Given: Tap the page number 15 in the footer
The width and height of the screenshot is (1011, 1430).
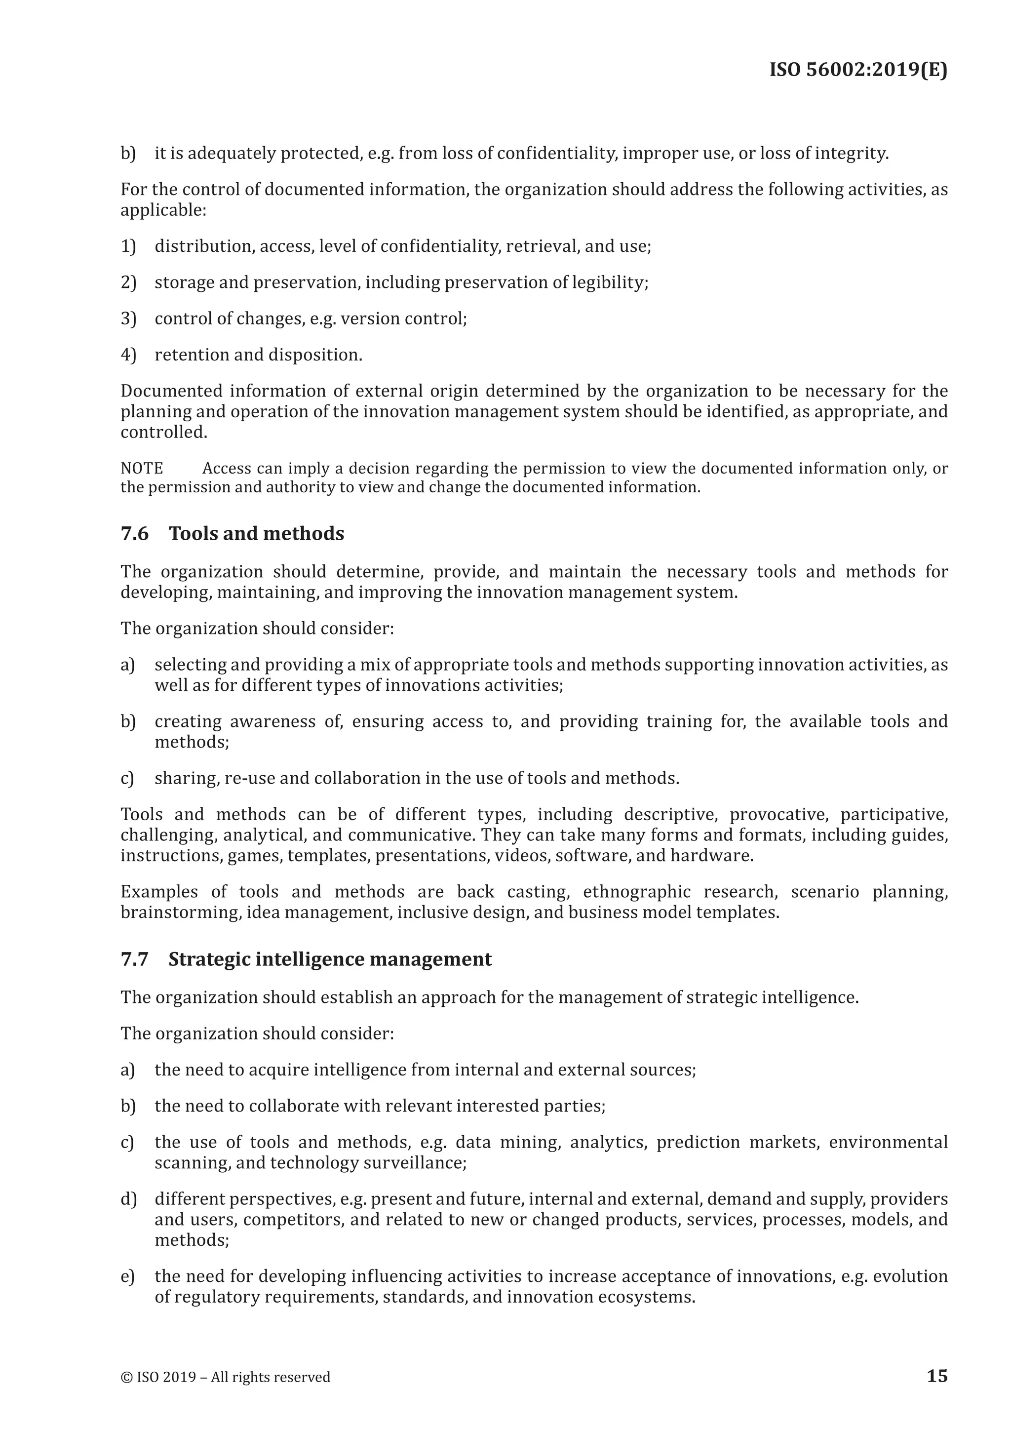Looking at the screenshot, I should (x=937, y=1375).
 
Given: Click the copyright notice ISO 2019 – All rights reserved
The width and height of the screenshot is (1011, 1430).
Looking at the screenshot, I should (x=226, y=1377).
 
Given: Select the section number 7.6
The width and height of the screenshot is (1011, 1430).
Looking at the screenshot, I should (x=134, y=534).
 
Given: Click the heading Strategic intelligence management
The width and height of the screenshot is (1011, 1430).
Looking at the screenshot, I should (x=330, y=959).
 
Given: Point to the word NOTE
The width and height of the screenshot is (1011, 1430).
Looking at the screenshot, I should (x=142, y=469).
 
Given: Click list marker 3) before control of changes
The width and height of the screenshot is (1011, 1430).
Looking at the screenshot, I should (x=128, y=319).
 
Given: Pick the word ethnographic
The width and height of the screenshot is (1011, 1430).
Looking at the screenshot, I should (x=637, y=892).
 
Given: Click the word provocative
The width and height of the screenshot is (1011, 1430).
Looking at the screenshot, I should (x=778, y=815).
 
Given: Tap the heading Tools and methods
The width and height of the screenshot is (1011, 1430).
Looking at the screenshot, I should (x=257, y=534).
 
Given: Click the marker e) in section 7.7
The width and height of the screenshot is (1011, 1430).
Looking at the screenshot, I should (x=128, y=1277).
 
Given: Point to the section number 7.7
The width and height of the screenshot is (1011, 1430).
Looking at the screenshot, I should (x=134, y=959).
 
